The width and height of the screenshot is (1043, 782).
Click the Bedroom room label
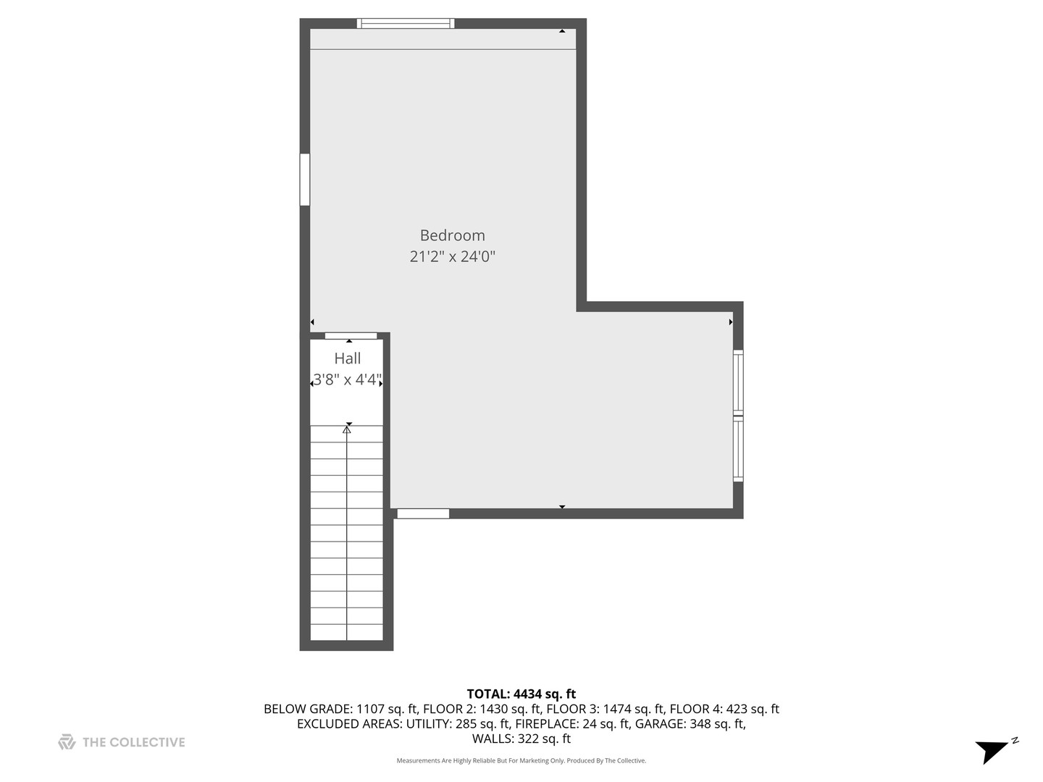(x=452, y=235)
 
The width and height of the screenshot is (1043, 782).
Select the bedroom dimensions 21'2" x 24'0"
(x=452, y=256)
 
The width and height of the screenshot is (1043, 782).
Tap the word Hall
(x=348, y=358)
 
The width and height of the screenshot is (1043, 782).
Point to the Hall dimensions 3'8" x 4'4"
(x=347, y=379)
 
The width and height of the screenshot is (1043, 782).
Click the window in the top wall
(x=406, y=23)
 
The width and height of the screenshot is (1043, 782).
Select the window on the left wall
(x=305, y=180)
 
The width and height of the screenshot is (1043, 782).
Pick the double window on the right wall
(x=738, y=416)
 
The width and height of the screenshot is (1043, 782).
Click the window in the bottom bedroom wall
(x=423, y=513)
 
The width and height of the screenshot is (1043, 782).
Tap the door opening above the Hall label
(x=351, y=335)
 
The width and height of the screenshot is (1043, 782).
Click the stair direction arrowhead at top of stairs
(x=347, y=429)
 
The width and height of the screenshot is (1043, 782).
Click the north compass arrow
(x=994, y=749)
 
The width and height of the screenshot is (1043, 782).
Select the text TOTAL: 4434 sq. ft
(x=521, y=694)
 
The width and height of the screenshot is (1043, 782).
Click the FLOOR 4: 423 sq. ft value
(x=724, y=710)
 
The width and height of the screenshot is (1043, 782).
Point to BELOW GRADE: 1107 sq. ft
(x=340, y=710)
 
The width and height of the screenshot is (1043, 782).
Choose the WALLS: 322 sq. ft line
(x=521, y=739)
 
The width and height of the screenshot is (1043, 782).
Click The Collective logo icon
(x=67, y=742)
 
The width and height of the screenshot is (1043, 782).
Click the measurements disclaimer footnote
(x=521, y=761)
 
